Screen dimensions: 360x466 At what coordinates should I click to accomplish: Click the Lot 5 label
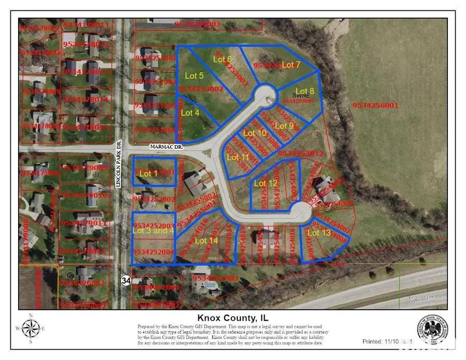pos(194,76)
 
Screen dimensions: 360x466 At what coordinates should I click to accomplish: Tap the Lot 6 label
pos(222,59)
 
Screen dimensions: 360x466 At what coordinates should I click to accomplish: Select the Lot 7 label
pos(291,64)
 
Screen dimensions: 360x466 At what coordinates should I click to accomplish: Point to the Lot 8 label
pos(304,91)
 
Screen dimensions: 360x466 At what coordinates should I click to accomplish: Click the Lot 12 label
pos(266,183)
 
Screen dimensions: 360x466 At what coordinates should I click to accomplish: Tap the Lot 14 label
pos(207,240)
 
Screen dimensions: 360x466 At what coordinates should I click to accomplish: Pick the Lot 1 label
pos(149,174)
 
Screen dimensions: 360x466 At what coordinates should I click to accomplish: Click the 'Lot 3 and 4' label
pos(153,231)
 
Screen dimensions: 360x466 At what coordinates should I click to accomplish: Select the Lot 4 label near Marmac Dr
pos(190,112)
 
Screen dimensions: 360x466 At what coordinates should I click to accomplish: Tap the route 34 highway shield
pos(126,280)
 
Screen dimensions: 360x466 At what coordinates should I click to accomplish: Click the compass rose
pos(31,328)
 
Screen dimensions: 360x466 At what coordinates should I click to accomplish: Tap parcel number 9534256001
pos(375,105)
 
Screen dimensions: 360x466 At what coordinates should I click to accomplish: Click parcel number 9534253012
pos(301,153)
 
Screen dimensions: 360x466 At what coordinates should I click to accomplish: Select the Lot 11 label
pos(238,157)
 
